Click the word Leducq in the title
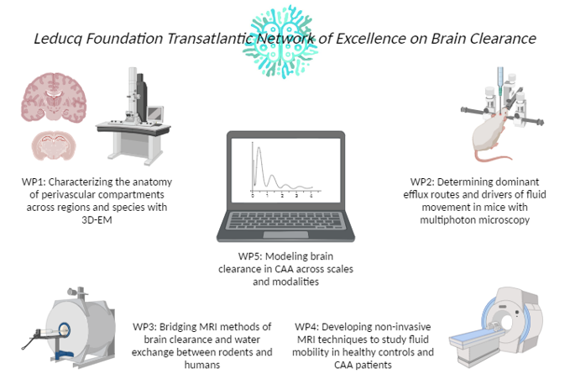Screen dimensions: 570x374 pos(57,39)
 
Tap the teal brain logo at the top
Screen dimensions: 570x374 pos(280,40)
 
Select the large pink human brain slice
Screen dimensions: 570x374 pos(54,97)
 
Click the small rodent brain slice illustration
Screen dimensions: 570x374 pos(54,145)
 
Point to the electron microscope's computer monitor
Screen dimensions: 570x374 pos(155,113)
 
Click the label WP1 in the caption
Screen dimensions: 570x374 pos(34,182)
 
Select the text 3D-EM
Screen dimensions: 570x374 pos(97,219)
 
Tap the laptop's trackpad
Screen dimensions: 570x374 pos(285,234)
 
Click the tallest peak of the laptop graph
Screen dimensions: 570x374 pos(259,148)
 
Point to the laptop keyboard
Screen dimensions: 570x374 pos(285,220)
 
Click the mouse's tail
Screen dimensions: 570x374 pos(494,158)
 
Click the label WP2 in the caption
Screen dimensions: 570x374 pos(422,182)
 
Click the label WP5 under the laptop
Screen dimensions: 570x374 pos(250,256)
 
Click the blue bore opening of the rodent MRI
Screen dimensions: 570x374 pos(64,330)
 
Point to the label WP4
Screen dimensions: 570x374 pos(306,327)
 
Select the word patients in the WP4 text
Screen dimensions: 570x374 pos(374,365)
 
